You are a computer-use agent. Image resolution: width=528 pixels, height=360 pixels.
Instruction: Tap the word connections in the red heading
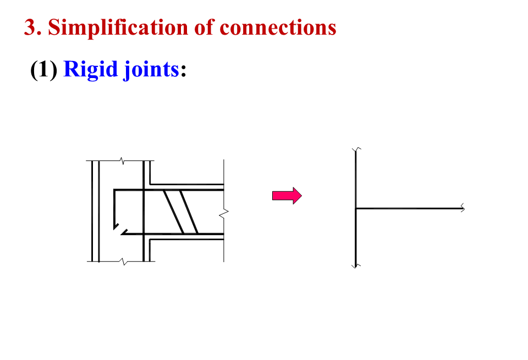click(x=278, y=27)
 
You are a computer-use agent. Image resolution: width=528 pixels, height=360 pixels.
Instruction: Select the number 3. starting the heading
click(x=32, y=27)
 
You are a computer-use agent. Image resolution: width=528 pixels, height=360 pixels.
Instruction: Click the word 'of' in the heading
click(x=204, y=27)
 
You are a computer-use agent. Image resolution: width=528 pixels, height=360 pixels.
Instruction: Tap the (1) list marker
click(x=43, y=70)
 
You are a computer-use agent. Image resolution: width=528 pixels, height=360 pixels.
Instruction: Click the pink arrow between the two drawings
click(x=287, y=196)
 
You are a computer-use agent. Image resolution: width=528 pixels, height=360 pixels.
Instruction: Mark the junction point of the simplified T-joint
click(x=356, y=208)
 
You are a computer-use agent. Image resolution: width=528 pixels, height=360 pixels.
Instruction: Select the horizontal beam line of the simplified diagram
click(x=410, y=208)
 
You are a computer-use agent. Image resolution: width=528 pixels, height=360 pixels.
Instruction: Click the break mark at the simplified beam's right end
click(x=463, y=208)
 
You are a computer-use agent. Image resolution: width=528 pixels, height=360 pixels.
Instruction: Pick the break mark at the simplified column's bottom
click(x=356, y=265)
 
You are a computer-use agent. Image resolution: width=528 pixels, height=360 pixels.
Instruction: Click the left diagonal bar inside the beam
click(x=173, y=212)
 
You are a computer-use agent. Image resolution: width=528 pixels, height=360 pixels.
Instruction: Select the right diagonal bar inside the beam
click(x=189, y=212)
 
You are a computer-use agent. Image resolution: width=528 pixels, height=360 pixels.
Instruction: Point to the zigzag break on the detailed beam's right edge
click(x=223, y=212)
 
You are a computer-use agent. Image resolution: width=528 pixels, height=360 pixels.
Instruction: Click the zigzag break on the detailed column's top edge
click(x=122, y=162)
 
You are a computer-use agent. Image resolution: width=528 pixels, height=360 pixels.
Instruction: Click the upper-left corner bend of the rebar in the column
click(x=114, y=191)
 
